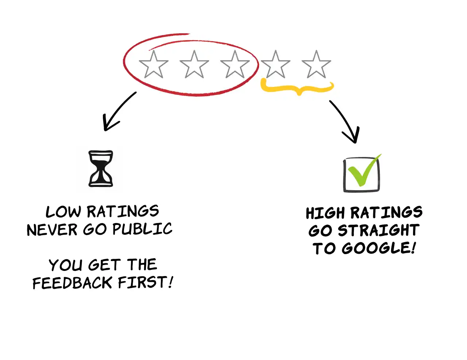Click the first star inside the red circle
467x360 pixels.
click(154, 65)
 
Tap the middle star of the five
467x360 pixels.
click(235, 65)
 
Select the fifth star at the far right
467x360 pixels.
click(316, 65)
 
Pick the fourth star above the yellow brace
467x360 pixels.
click(275, 65)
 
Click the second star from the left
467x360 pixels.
click(194, 65)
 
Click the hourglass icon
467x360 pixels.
click(101, 169)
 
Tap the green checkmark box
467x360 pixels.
click(362, 174)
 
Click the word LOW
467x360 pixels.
click(63, 212)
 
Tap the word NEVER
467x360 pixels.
click(52, 230)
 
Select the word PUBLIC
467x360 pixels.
click(142, 229)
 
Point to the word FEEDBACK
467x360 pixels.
click(72, 283)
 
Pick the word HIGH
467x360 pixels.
click(325, 213)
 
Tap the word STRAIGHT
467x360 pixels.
click(378, 231)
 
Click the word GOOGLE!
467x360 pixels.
click(379, 248)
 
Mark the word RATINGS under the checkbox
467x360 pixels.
click(386, 212)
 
